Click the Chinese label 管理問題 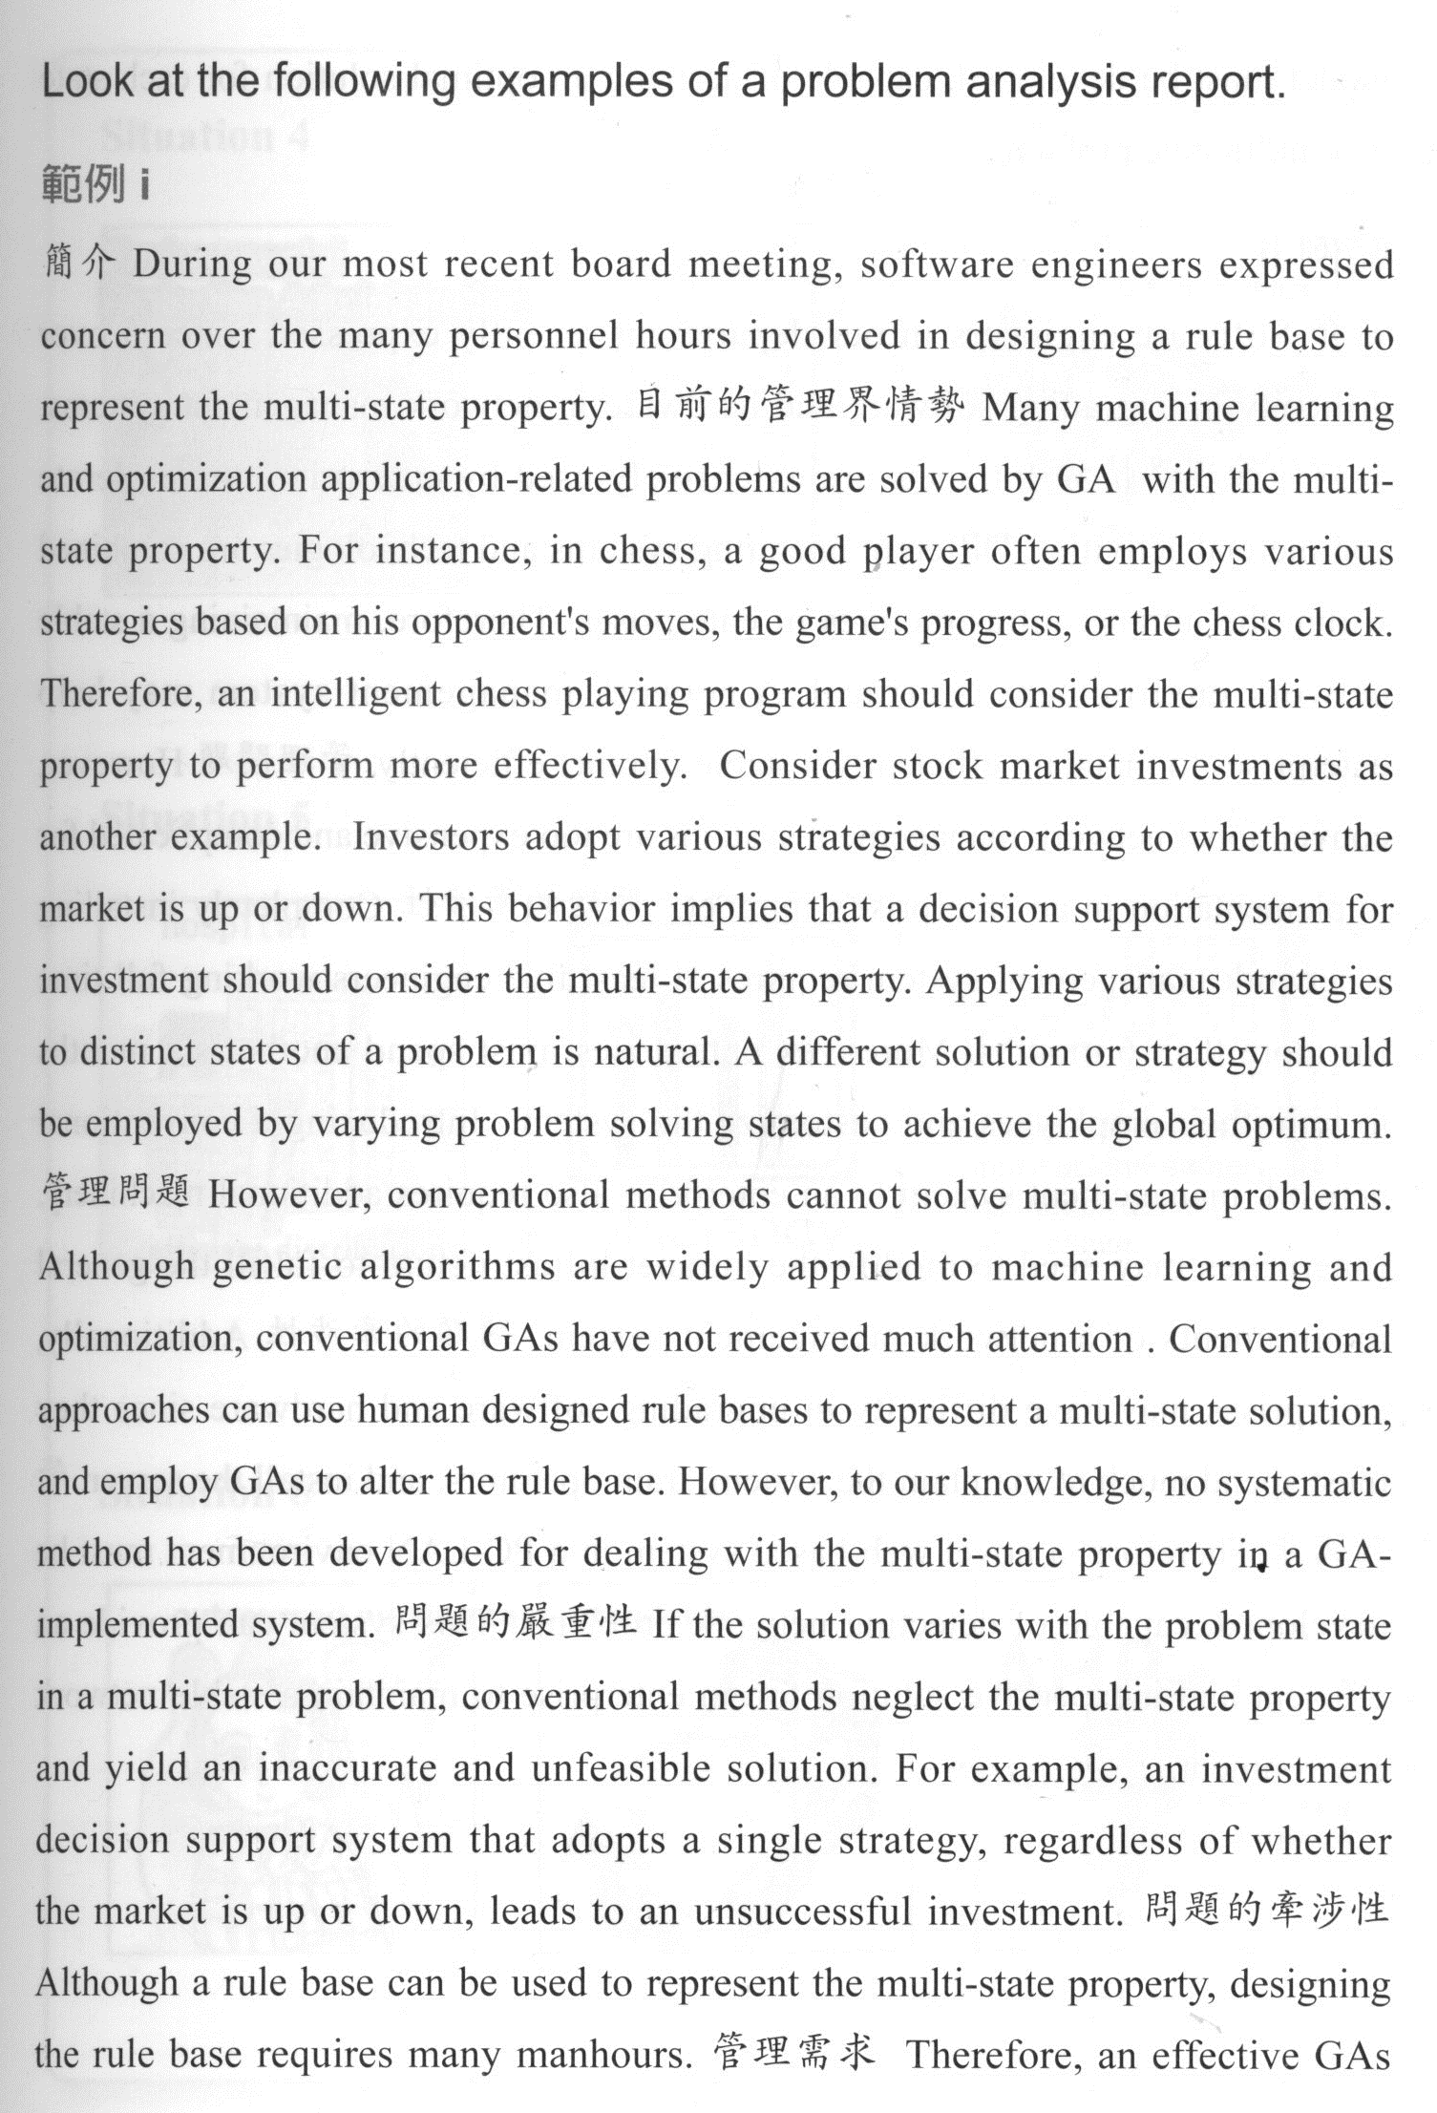click(116, 1194)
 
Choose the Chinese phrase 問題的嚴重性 click(515, 1623)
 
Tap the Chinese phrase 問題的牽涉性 click(1264, 1910)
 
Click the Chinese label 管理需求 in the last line click(793, 2053)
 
